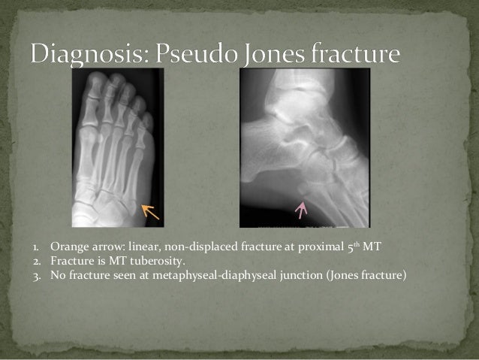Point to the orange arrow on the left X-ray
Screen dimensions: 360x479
click(x=152, y=212)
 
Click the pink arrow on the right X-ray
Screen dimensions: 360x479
click(x=302, y=208)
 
